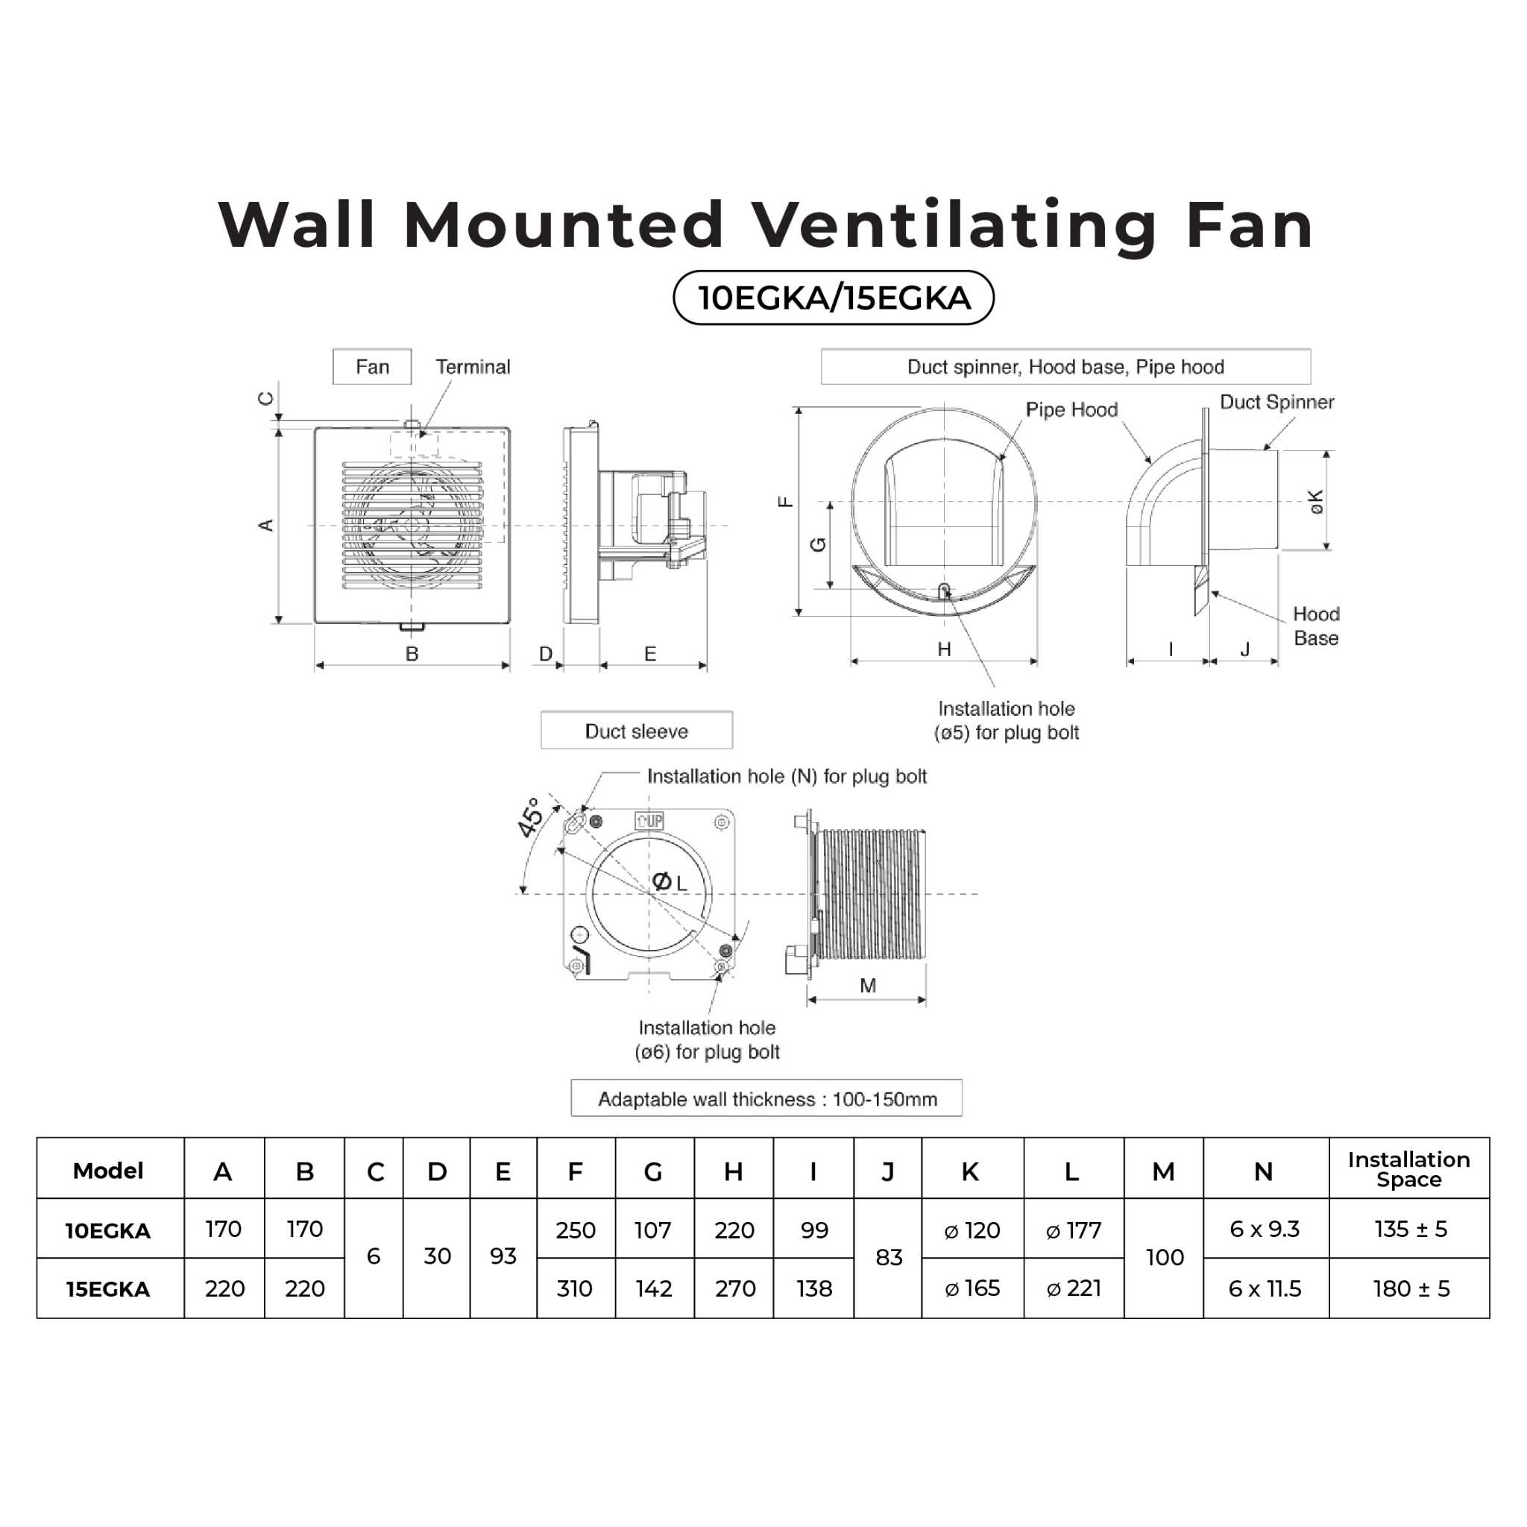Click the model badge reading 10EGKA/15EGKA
click(x=833, y=298)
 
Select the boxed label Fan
click(x=371, y=367)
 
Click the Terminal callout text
click(x=473, y=367)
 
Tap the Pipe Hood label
click(x=1071, y=409)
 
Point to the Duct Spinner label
click(x=1276, y=402)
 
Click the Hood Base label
click(x=1316, y=626)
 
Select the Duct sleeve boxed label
click(x=636, y=731)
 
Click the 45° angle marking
click(x=530, y=816)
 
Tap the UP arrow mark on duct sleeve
click(x=649, y=820)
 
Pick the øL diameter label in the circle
click(x=670, y=882)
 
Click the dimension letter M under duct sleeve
click(x=868, y=985)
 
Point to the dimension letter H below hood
click(x=944, y=649)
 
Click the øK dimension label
click(x=1315, y=501)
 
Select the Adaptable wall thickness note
click(x=766, y=1098)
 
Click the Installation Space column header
click(x=1408, y=1169)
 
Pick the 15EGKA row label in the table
click(x=108, y=1289)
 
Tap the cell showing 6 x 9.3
click(x=1265, y=1229)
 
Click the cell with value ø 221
click(x=1074, y=1288)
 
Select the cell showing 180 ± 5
click(x=1411, y=1289)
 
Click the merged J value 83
click(x=888, y=1258)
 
